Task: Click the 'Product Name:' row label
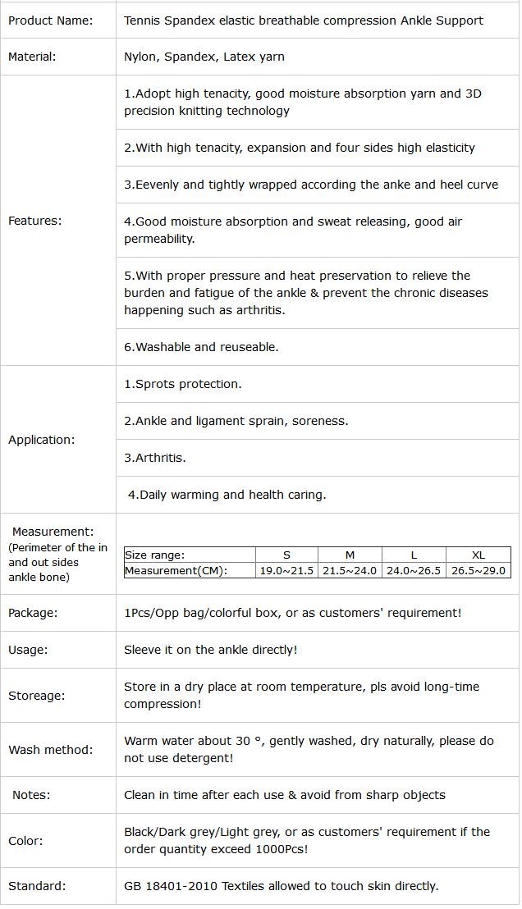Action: coord(50,21)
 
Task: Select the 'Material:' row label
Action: coord(32,57)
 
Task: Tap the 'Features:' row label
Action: coord(34,221)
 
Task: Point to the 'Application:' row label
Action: coord(41,440)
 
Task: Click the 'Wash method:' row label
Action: coord(50,750)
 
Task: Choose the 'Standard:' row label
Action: coord(37,886)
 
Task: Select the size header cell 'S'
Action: coord(286,555)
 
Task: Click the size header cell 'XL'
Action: coord(478,555)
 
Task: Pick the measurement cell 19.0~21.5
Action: coord(286,570)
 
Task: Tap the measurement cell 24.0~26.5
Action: coord(414,570)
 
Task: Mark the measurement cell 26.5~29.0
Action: coord(478,570)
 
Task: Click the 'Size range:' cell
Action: coord(154,555)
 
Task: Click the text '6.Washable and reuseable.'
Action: coord(201,347)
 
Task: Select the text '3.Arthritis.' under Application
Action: coord(155,458)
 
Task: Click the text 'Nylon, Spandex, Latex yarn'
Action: coord(204,57)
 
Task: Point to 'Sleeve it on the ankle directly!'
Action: coord(210,650)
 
